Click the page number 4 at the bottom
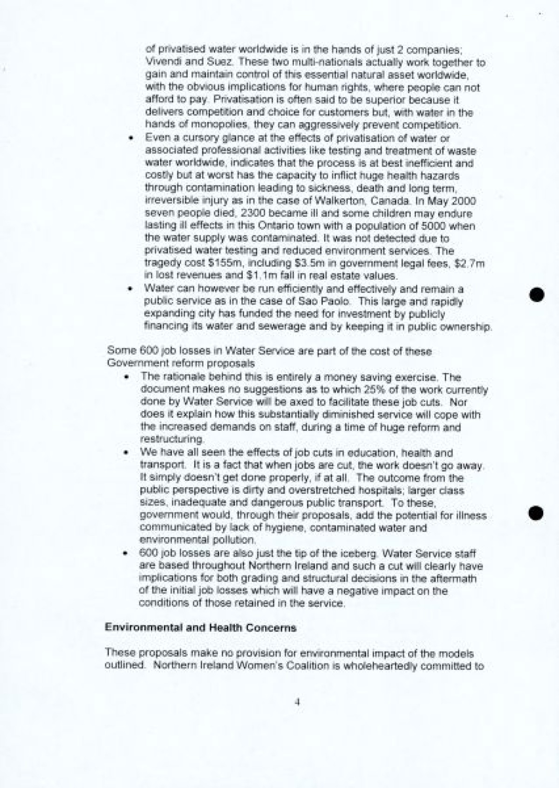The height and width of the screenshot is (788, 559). tap(297, 701)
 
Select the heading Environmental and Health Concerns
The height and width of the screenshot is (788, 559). tap(201, 628)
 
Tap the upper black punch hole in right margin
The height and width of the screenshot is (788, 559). tap(537, 295)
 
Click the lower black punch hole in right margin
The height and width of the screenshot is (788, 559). tap(537, 512)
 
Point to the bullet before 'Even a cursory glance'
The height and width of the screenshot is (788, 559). tap(134, 138)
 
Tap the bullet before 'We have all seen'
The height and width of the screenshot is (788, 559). tap(126, 453)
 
